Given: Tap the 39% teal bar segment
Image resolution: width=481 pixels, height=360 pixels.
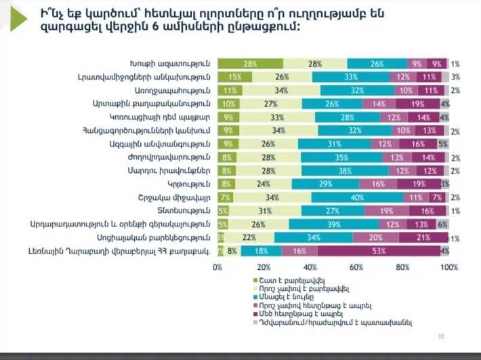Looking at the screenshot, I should point(334,224).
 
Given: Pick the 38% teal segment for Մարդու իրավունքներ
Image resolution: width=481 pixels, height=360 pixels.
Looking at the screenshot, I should point(345,170).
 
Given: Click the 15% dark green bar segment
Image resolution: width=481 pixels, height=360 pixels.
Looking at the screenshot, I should point(230,77).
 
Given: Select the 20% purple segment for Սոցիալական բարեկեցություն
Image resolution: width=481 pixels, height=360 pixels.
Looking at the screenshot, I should point(375,237).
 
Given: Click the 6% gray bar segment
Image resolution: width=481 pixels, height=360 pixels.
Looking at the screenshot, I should point(443,224).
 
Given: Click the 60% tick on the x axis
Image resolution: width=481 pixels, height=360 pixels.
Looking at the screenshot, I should point(356,267).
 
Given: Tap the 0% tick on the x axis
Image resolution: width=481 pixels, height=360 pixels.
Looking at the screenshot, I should point(217,267).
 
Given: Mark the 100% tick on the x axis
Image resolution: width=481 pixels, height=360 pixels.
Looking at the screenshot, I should point(448,267).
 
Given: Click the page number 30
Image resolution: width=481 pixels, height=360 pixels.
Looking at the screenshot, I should point(441,336).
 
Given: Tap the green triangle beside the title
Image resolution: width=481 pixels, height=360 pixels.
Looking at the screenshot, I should point(18,20).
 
